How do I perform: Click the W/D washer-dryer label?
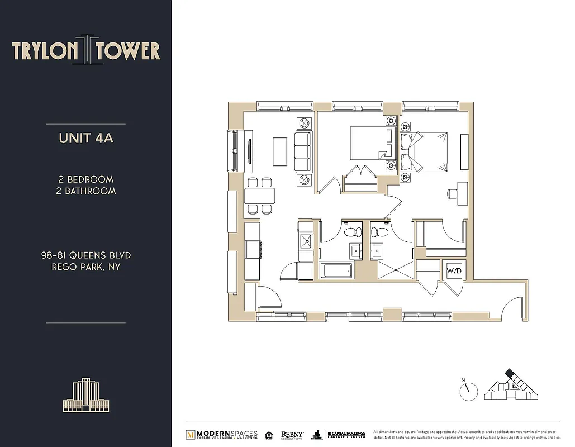click(x=453, y=271)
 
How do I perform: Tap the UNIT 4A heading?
click(x=86, y=138)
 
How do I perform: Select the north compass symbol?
click(x=469, y=390)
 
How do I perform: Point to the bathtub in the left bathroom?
click(x=336, y=272)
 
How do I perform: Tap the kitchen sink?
click(x=306, y=241)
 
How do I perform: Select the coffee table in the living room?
click(x=280, y=151)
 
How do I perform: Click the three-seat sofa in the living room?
click(x=303, y=152)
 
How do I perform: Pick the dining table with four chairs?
click(x=260, y=196)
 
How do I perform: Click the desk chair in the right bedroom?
click(x=452, y=194)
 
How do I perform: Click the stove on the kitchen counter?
click(x=252, y=249)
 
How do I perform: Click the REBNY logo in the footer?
click(x=293, y=434)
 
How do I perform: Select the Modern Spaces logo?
click(x=222, y=434)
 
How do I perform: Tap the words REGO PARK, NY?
click(x=86, y=267)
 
